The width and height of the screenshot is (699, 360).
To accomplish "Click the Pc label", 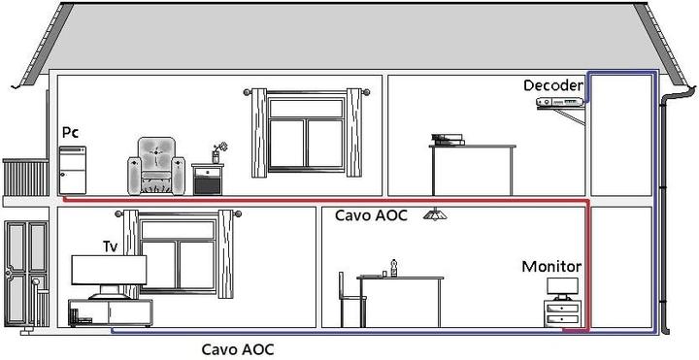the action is click(x=70, y=131).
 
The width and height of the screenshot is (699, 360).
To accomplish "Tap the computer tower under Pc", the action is click(x=73, y=169).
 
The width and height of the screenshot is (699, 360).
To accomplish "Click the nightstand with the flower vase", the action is click(x=208, y=178).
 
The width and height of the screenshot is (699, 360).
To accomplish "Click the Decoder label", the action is click(x=553, y=86).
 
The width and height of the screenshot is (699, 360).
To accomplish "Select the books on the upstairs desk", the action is click(x=448, y=140).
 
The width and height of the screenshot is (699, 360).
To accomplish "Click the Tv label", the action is click(x=111, y=246).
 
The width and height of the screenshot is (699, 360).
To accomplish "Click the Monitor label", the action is click(x=551, y=266).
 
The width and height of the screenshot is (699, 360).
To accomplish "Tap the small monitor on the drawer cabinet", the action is click(x=562, y=288).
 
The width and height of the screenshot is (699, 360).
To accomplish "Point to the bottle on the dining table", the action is click(x=393, y=267).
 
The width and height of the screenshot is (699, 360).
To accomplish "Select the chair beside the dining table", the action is click(x=347, y=299).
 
